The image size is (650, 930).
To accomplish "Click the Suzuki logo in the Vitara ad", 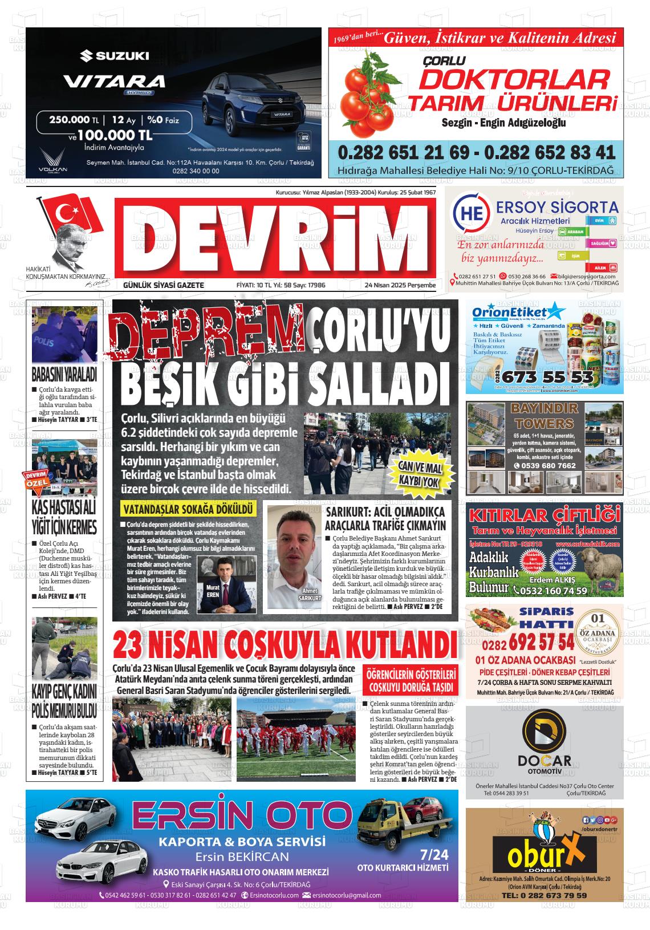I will click(x=114, y=56).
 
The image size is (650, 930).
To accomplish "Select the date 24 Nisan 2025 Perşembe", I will click(x=400, y=285).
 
